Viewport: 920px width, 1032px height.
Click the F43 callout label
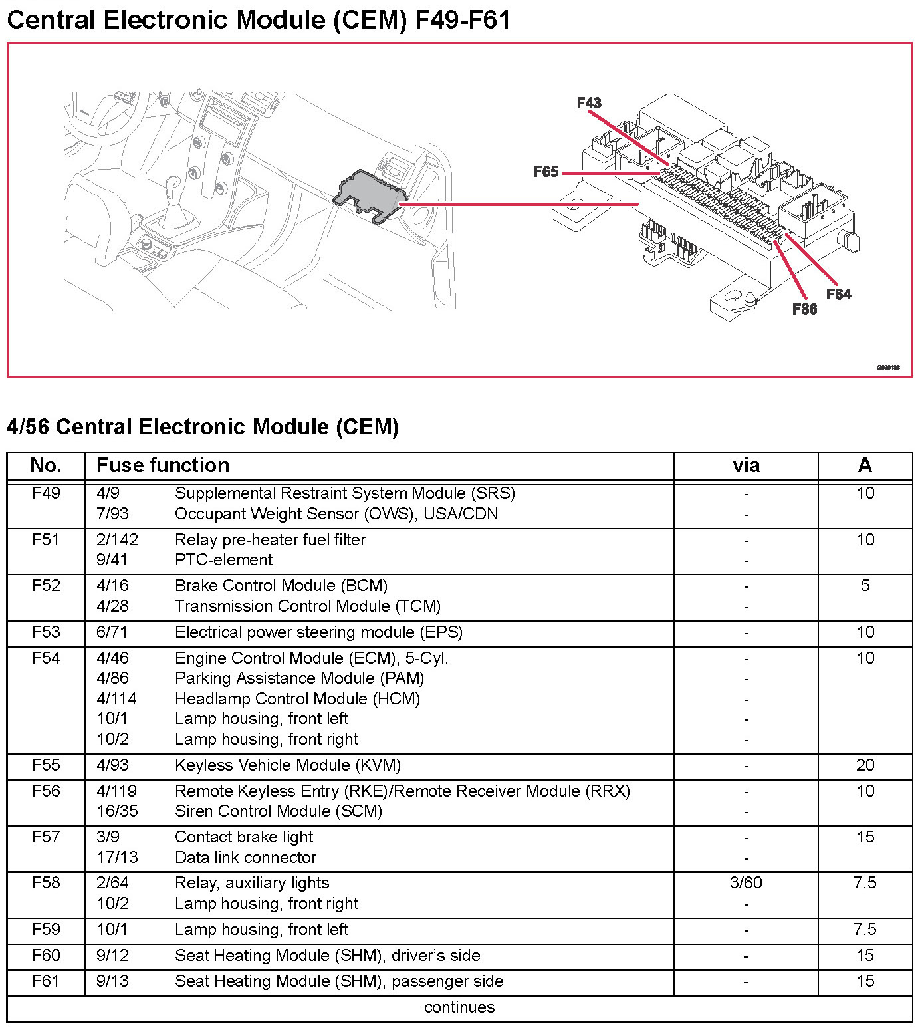coord(589,103)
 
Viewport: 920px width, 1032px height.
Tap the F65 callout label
coord(546,172)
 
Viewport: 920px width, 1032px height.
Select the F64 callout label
coord(838,294)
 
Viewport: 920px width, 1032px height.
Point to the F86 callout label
coord(804,309)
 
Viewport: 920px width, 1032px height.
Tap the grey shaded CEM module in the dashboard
coord(370,194)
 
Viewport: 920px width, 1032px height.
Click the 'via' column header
coord(746,465)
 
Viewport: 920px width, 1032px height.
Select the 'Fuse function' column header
coord(163,465)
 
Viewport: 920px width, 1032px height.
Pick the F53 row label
coord(46,632)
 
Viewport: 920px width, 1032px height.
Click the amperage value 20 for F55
coord(865,765)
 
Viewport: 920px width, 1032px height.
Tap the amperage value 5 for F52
coord(865,585)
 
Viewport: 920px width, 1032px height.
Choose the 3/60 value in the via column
coord(746,882)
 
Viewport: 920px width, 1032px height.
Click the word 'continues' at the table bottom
coord(459,1007)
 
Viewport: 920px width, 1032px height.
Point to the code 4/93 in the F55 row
coord(112,765)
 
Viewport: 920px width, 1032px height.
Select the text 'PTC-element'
coord(223,560)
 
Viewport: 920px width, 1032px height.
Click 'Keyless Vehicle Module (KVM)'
coord(288,765)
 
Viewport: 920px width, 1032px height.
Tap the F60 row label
coord(46,955)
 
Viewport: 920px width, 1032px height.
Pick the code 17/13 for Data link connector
coord(117,857)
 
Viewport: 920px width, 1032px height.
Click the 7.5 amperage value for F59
coord(865,929)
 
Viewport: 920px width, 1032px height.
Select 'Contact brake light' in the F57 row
coord(244,837)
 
